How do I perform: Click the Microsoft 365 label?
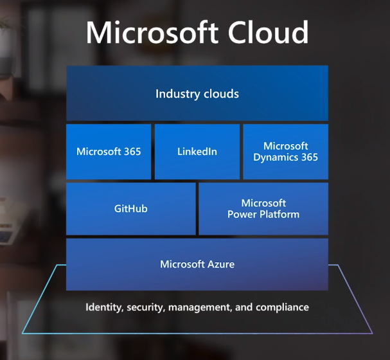pyautogui.click(x=109, y=152)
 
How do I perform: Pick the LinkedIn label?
pyautogui.click(x=197, y=152)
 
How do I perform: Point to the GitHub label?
pyautogui.click(x=131, y=209)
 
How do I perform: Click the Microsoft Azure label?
pyautogui.click(x=197, y=264)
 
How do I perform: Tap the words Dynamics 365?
pyautogui.click(x=285, y=157)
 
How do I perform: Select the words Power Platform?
pyautogui.click(x=263, y=214)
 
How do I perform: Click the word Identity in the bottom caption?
pyautogui.click(x=104, y=307)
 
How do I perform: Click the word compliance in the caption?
pyautogui.click(x=282, y=307)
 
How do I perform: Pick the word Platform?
pyautogui.click(x=279, y=214)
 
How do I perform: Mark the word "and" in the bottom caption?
pyautogui.click(x=244, y=307)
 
